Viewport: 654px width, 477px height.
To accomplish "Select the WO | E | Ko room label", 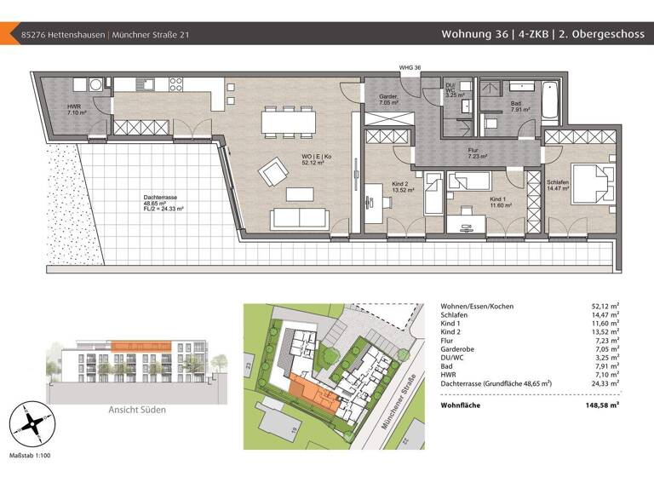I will point(293,158).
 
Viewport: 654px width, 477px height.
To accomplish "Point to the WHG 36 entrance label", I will point(410,67).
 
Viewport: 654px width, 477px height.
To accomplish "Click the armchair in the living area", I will point(275,174).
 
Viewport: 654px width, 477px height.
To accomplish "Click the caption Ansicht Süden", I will point(136,410).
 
